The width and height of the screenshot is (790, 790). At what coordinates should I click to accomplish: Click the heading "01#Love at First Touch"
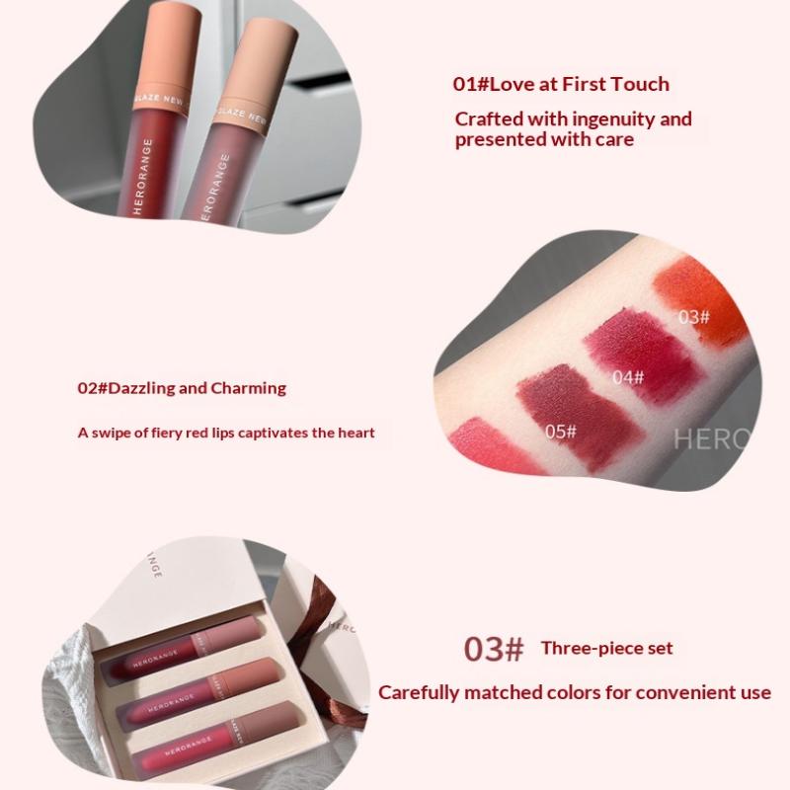click(561, 84)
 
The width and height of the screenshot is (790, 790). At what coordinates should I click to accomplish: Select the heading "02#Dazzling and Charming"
click(182, 388)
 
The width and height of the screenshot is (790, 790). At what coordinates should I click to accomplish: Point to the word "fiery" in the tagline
click(167, 434)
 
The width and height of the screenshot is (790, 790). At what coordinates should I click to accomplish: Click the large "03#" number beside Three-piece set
click(494, 649)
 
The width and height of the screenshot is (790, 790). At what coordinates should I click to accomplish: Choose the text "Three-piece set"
click(606, 649)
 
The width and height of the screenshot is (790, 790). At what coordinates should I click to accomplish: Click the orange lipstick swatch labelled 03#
click(700, 300)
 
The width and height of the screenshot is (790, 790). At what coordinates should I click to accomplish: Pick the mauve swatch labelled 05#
click(580, 416)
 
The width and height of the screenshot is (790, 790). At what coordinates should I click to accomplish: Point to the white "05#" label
click(560, 432)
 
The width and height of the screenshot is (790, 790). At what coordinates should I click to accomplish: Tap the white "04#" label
click(628, 377)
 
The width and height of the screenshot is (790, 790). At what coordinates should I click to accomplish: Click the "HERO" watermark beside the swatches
click(711, 439)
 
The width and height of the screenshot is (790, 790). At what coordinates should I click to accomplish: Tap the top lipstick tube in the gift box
click(183, 648)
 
